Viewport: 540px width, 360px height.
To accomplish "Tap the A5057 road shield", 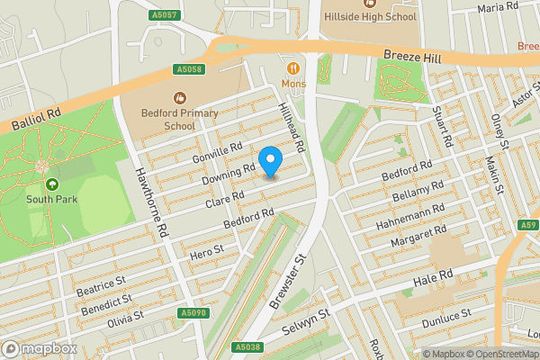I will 162,15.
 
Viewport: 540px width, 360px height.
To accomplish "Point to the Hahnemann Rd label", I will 415,215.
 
